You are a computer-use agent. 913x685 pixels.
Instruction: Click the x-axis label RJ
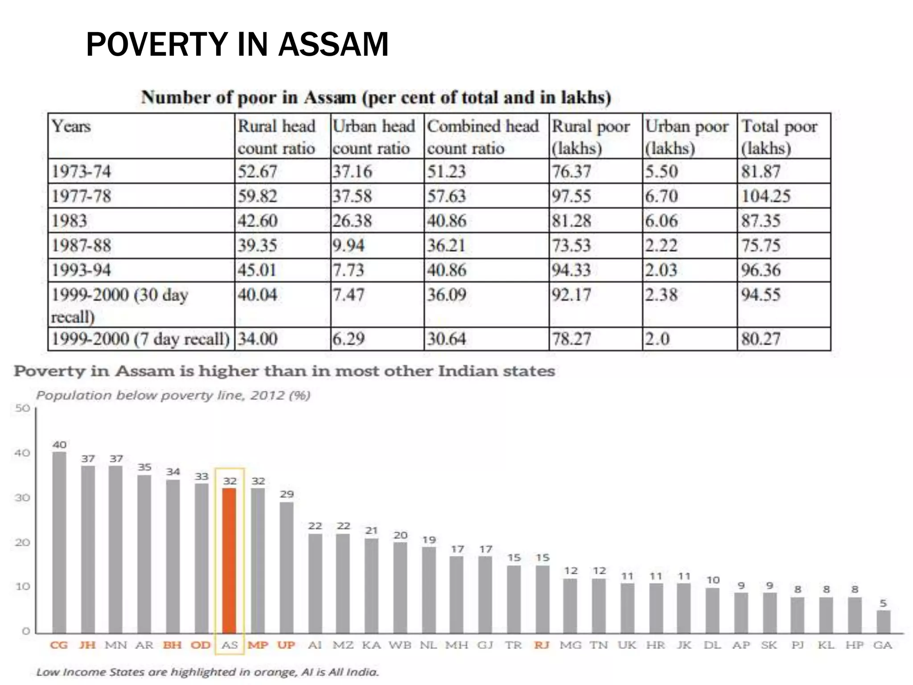[x=542, y=645]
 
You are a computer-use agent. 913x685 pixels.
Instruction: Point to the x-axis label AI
[x=315, y=645]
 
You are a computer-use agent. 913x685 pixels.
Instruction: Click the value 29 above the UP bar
[x=287, y=494]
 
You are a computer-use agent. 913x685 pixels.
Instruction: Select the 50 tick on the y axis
[x=22, y=408]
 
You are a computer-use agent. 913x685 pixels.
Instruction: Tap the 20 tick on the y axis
[x=22, y=542]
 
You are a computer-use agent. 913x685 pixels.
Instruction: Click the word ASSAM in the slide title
[x=333, y=45]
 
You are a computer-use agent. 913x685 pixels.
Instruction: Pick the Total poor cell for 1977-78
[x=765, y=196]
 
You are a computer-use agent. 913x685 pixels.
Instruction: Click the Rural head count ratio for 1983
[x=257, y=221]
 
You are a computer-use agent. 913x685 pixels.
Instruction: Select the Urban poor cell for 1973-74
[x=662, y=171]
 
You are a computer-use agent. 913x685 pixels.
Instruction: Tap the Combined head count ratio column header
[x=482, y=136]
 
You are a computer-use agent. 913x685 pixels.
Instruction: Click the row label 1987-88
[x=81, y=245]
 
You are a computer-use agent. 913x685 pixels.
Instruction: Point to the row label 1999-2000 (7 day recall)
[x=140, y=339]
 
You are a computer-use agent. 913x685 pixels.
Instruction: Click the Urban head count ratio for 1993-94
[x=348, y=270]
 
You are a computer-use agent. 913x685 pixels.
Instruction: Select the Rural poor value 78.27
[x=572, y=339]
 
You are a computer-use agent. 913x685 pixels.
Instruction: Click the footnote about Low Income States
[x=207, y=672]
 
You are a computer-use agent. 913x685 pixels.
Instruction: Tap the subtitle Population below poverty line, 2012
[x=173, y=396]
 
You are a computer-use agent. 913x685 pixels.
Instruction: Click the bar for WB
[x=400, y=587]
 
